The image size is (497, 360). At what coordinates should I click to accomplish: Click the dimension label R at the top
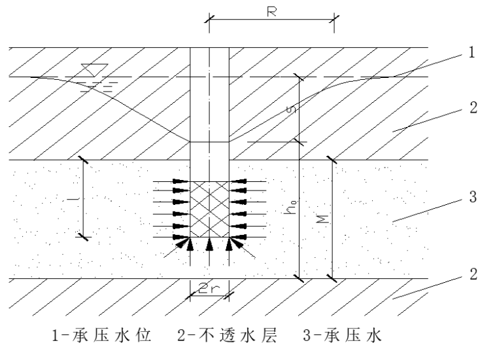point(271,12)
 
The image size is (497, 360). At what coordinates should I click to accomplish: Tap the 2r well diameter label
point(209,288)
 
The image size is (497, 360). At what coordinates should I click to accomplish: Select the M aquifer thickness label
point(323,219)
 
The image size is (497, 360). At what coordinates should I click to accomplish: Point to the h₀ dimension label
point(291,207)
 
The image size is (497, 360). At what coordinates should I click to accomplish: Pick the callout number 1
point(471,52)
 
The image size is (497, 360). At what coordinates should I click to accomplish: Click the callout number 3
point(473,197)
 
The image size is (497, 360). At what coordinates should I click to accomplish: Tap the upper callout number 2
point(473,107)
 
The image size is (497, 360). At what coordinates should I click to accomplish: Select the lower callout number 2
point(473,274)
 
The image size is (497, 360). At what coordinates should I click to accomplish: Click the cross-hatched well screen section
point(209,209)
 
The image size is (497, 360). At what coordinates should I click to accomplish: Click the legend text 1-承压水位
point(101,335)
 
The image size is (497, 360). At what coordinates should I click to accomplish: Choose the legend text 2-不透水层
point(227,335)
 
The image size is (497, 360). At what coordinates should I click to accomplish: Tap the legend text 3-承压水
point(342,335)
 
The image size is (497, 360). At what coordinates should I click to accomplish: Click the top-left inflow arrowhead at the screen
point(181,181)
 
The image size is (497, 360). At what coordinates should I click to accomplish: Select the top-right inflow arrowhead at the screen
point(238,181)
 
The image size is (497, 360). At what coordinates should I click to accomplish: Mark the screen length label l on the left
point(73,199)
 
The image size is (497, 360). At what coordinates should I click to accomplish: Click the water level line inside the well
point(209,142)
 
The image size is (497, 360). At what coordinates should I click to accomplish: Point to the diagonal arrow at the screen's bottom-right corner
point(242,248)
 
